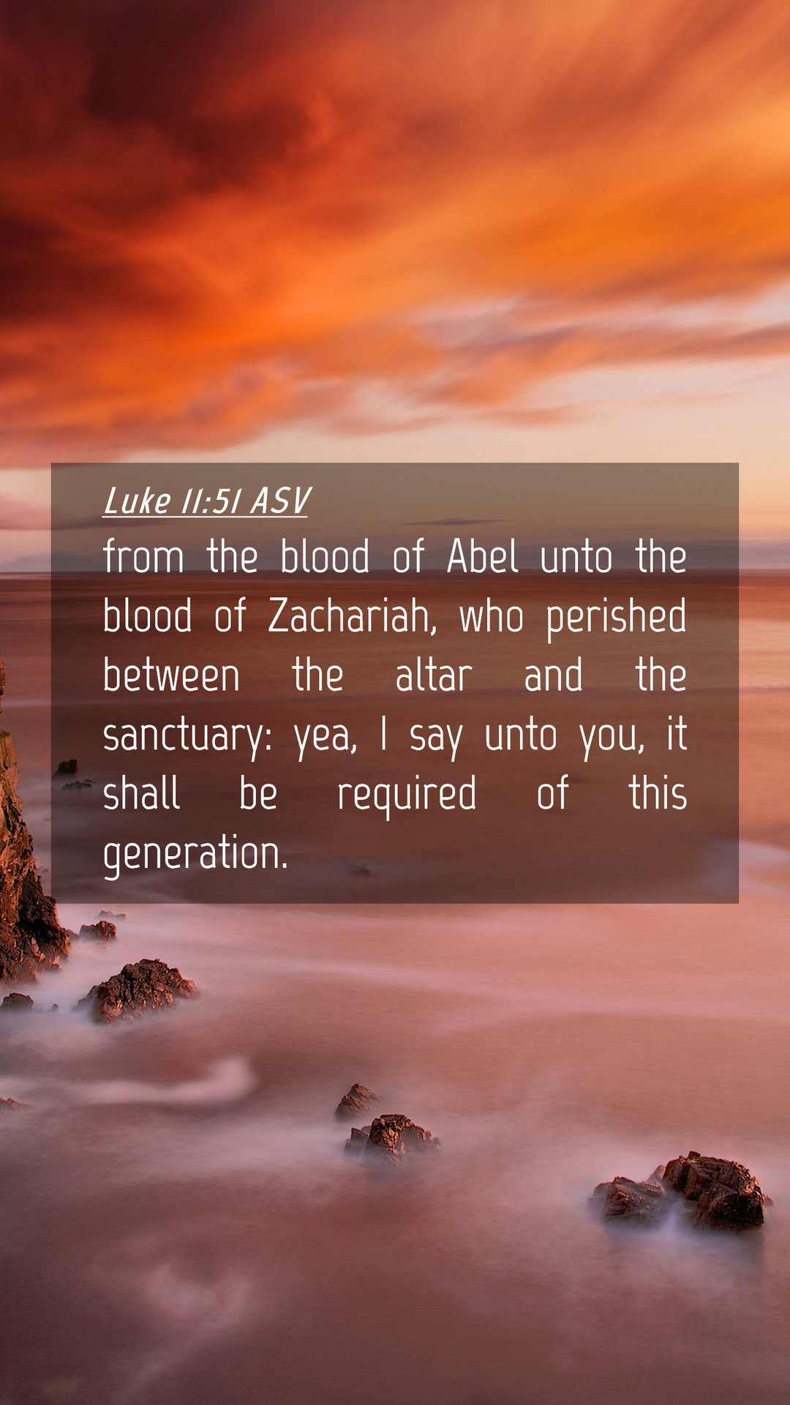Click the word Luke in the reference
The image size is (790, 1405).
137,501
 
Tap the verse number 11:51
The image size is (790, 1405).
211,501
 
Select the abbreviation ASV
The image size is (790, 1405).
280,501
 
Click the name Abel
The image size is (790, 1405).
483,556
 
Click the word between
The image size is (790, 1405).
171,675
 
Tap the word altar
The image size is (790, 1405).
434,675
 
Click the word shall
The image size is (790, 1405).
141,793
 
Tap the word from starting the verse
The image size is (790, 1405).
143,556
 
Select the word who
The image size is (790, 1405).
491,616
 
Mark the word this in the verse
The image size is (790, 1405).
658,793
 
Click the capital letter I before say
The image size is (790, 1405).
383,734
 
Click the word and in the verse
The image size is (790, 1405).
554,675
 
